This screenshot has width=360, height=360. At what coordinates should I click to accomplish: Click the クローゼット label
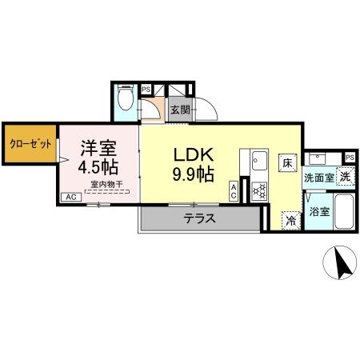pyautogui.click(x=30, y=145)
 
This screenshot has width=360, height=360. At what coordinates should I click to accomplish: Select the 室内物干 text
pyautogui.click(x=106, y=185)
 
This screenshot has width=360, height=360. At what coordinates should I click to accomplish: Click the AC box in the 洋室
pyautogui.click(x=70, y=197)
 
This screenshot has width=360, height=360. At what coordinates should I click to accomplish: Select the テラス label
pyautogui.click(x=199, y=218)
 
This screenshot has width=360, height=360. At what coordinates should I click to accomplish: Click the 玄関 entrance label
pyautogui.click(x=179, y=110)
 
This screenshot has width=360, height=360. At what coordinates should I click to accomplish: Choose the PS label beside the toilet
pyautogui.click(x=146, y=90)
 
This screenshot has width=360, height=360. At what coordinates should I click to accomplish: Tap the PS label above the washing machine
pyautogui.click(x=350, y=158)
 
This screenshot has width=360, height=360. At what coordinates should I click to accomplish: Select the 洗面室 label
pyautogui.click(x=318, y=178)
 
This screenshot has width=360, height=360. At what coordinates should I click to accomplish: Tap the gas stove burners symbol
pyautogui.click(x=259, y=190)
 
